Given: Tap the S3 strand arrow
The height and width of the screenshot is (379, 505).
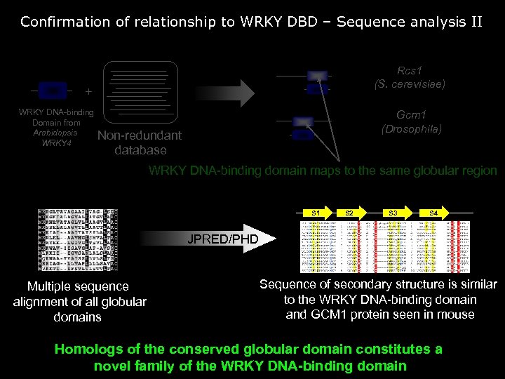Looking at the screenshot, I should [393, 212].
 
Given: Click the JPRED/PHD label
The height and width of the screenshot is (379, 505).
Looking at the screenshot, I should [222, 239].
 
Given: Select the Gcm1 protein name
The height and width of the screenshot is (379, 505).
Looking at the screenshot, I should [411, 114].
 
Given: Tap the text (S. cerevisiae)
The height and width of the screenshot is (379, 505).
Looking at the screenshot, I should [410, 84].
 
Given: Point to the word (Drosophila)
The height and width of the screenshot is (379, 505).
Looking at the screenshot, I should [411, 129].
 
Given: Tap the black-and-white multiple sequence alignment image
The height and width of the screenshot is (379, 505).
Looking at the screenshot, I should [78, 238].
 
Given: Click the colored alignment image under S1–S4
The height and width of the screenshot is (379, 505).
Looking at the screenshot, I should [385, 246].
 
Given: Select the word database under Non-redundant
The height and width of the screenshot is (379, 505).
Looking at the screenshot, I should [140, 150].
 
